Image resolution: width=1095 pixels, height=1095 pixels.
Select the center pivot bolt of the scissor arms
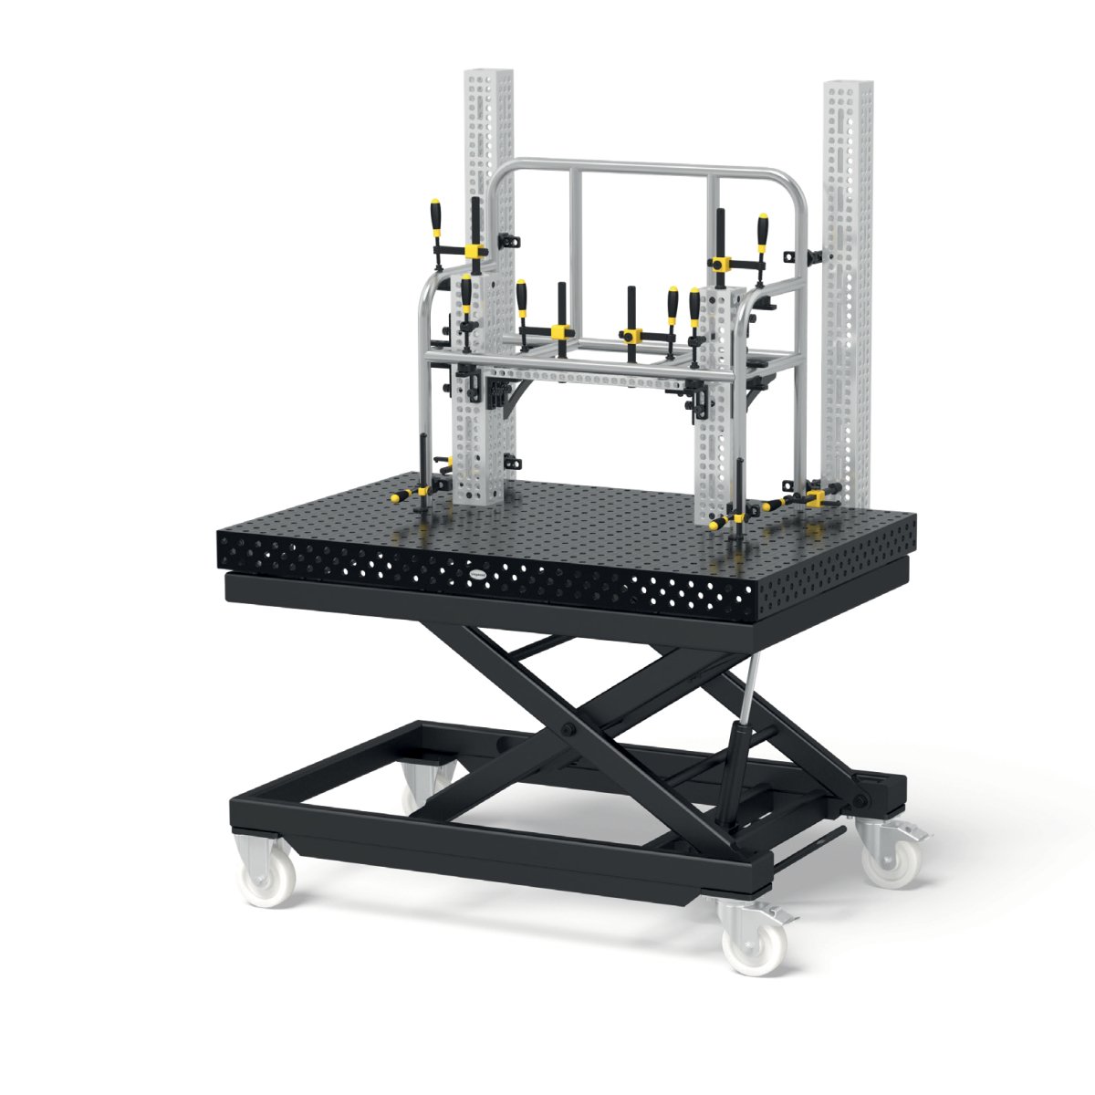point(568,731)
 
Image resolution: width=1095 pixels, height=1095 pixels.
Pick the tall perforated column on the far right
point(848,274)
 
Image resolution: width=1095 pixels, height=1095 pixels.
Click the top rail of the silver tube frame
point(639,167)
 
